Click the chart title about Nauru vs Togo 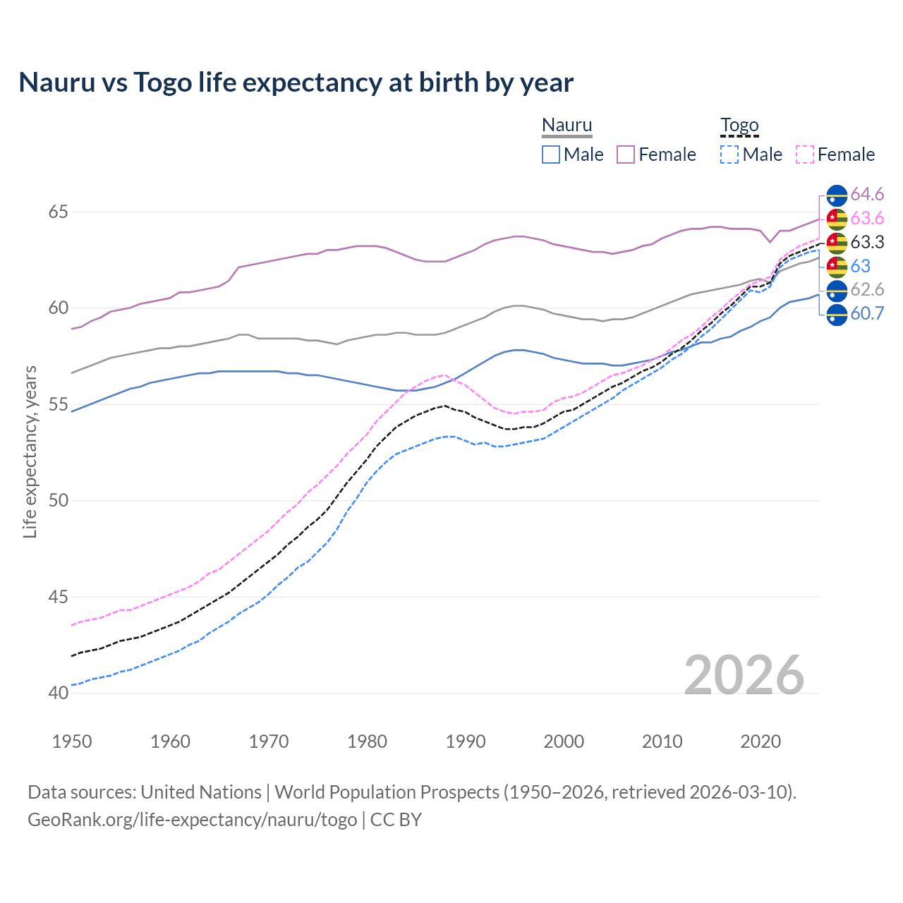pos(296,83)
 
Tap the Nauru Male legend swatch pos(551,154)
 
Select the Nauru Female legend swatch pos(626,154)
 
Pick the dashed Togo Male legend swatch pos(729,154)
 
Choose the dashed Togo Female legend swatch pos(805,154)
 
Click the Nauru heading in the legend pos(566,125)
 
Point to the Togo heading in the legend pos(739,125)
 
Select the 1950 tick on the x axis pos(72,741)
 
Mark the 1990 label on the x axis pos(466,741)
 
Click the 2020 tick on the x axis pos(760,741)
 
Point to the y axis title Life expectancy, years pos(30,451)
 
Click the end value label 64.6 pos(867,195)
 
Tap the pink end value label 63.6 pos(867,219)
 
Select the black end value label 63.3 pos(867,243)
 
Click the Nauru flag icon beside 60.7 pos(837,314)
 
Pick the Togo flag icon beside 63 pos(837,267)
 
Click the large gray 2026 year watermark pos(744,675)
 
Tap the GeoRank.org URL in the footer pos(192,820)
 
